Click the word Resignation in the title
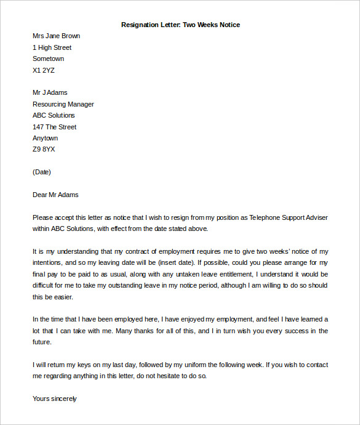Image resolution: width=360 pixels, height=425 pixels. (x=138, y=25)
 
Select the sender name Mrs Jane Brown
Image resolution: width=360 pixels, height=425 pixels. (x=56, y=36)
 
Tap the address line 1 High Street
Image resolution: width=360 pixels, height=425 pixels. (x=52, y=47)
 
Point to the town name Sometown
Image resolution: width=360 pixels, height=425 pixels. (x=48, y=59)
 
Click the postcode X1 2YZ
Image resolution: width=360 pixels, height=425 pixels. (x=44, y=70)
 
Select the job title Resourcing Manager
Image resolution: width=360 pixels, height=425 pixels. (x=63, y=104)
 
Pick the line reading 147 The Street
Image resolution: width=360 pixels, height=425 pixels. (x=54, y=127)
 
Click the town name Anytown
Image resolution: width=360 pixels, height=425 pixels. (x=45, y=138)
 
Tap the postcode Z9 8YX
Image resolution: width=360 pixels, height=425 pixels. (x=44, y=150)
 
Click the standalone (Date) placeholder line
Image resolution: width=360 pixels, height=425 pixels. (x=42, y=172)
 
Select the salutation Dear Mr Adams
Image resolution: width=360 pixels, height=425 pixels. (x=55, y=195)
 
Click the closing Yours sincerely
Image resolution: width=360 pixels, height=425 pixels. (x=55, y=399)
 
